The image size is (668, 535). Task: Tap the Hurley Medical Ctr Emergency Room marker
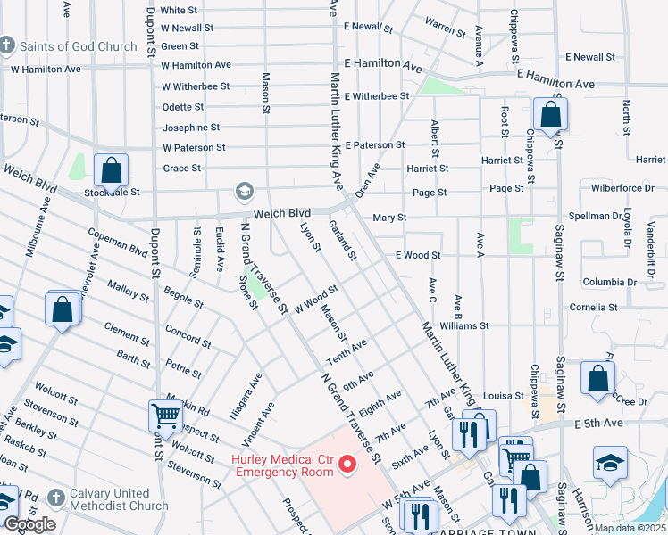[x=349, y=464]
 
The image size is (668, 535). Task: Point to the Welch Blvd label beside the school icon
[x=282, y=213]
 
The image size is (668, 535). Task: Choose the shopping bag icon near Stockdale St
[x=112, y=169]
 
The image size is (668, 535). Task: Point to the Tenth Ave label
[x=347, y=350]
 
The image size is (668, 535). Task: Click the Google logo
[x=29, y=524]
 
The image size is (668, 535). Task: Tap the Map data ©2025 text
[x=630, y=528]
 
